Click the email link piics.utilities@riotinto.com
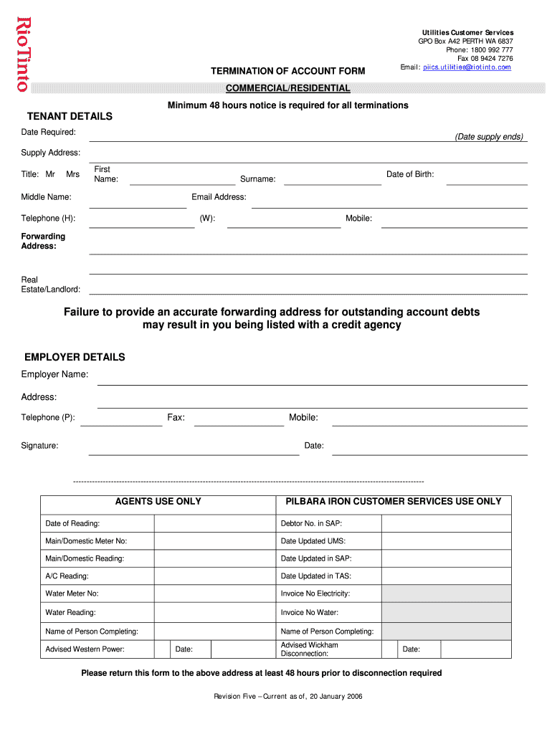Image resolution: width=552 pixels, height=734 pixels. (x=467, y=67)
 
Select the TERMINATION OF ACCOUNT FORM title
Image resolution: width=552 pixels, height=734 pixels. (x=287, y=71)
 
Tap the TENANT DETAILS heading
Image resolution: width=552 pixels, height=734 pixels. (x=70, y=116)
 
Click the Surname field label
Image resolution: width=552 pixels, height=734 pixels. (x=257, y=178)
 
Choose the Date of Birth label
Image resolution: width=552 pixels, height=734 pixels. (x=410, y=174)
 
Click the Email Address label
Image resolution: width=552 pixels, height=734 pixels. (x=219, y=197)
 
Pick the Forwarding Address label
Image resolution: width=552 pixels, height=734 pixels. (x=43, y=241)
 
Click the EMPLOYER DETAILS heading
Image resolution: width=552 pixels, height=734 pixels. (x=75, y=357)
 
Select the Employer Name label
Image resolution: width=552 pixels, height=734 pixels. (x=54, y=375)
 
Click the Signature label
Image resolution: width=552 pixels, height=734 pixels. (x=39, y=446)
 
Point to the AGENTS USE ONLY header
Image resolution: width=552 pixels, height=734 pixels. (x=158, y=502)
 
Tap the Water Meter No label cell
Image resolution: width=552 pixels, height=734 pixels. (x=72, y=594)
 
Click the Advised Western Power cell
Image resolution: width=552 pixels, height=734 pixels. (x=85, y=649)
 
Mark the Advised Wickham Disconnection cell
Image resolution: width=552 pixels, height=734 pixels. (x=309, y=649)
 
